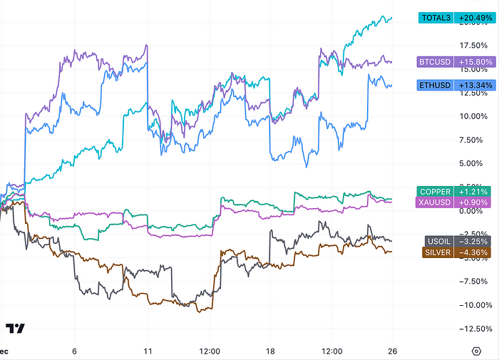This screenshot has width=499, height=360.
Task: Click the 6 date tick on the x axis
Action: (x=74, y=351)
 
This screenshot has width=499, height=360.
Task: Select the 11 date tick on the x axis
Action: (x=147, y=351)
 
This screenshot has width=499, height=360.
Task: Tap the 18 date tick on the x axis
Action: (x=269, y=351)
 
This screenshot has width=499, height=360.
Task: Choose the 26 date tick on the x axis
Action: (x=392, y=351)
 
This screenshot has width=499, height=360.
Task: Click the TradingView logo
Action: (x=16, y=329)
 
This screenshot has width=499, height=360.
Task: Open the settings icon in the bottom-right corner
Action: (x=476, y=351)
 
